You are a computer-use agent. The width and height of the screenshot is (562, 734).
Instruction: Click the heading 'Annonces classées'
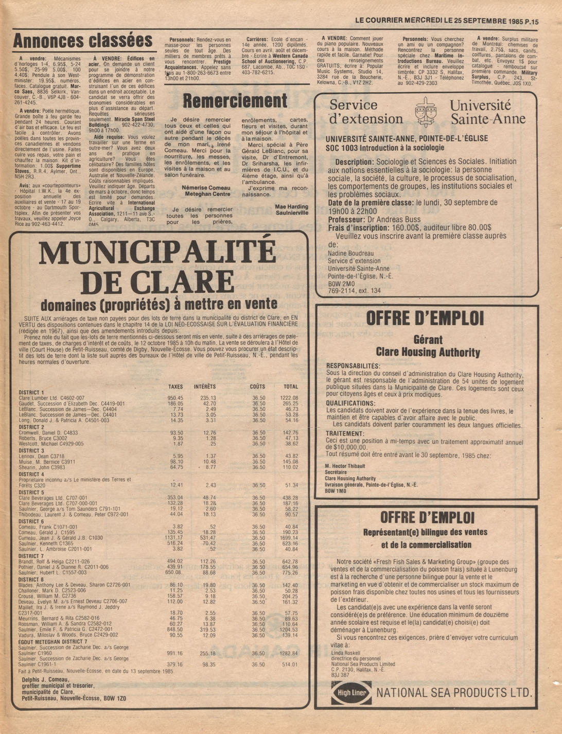tap(82, 41)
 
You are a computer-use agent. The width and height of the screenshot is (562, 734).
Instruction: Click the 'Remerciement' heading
tap(235, 101)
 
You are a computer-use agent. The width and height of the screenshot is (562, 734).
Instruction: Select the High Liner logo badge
tap(352, 692)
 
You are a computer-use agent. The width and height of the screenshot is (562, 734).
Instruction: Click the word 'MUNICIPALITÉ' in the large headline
tap(157, 253)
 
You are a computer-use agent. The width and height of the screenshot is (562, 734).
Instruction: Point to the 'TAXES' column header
tap(175, 387)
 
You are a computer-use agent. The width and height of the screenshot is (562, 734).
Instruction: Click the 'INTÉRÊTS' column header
tap(205, 387)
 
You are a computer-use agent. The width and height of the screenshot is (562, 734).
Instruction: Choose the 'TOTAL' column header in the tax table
tap(291, 387)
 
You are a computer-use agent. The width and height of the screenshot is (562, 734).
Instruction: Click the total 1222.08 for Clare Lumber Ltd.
tap(289, 398)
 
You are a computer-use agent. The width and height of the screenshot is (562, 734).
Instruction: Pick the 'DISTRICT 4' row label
tap(31, 474)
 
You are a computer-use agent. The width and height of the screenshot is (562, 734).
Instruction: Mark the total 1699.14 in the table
tap(289, 538)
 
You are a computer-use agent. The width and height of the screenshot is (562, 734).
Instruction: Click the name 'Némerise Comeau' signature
tap(206, 188)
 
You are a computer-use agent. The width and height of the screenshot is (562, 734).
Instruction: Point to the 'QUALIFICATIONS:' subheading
tap(350, 404)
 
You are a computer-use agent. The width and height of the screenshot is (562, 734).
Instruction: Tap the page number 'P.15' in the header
tap(531, 22)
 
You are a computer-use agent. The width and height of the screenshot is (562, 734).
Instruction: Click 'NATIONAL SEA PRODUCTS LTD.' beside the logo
tap(454, 692)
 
